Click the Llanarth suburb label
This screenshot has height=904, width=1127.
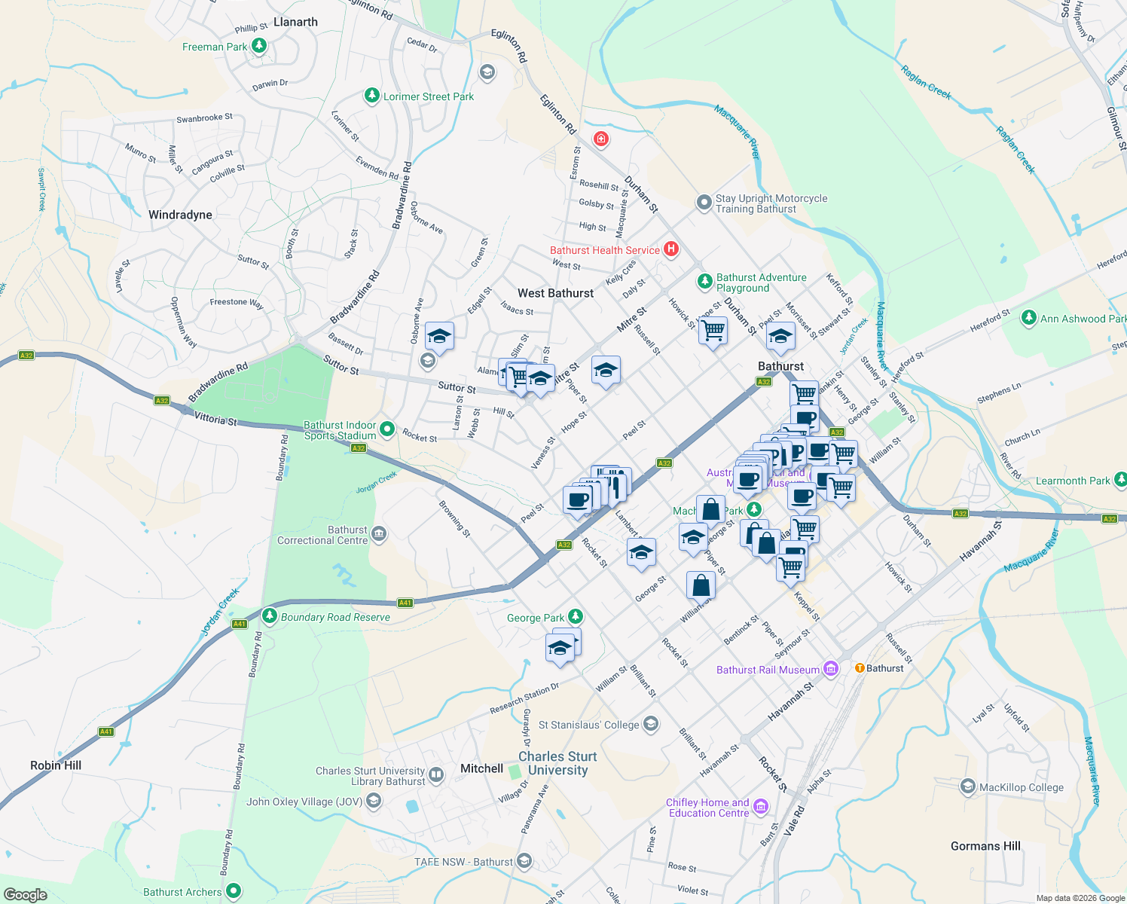(x=295, y=22)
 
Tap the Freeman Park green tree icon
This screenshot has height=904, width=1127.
(x=259, y=47)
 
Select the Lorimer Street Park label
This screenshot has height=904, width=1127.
(x=429, y=96)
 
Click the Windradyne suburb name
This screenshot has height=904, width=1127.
(x=180, y=215)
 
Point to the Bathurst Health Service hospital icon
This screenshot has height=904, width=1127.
(x=670, y=249)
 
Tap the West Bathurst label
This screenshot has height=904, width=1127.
(x=555, y=293)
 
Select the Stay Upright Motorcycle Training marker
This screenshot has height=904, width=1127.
(x=704, y=202)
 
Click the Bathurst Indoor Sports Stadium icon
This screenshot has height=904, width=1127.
(x=387, y=429)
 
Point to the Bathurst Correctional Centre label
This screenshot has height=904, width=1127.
(x=322, y=535)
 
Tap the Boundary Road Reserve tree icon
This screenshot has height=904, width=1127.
(x=270, y=616)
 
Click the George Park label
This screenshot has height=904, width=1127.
(x=536, y=618)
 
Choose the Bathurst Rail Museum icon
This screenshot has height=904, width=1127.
(x=831, y=669)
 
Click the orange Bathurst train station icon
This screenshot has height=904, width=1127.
(x=859, y=668)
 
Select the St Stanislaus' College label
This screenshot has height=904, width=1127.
(x=588, y=725)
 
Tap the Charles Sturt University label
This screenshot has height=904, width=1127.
(x=557, y=763)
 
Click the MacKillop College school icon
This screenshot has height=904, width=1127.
(x=968, y=787)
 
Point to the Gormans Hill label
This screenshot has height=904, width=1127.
(x=985, y=846)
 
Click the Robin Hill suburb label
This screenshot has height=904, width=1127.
(x=56, y=765)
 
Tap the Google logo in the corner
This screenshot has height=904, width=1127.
(x=25, y=895)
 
